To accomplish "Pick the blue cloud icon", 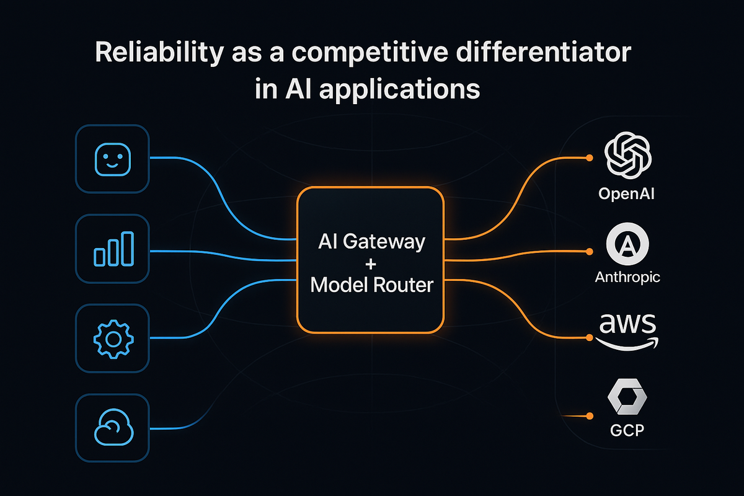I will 112,428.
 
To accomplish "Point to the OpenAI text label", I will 627,194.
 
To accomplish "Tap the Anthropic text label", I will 627,277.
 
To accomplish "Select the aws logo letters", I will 627,324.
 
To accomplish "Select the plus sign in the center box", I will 371,263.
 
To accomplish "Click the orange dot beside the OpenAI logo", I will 589,157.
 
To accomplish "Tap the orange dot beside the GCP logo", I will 589,415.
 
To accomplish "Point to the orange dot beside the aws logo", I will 589,338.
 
